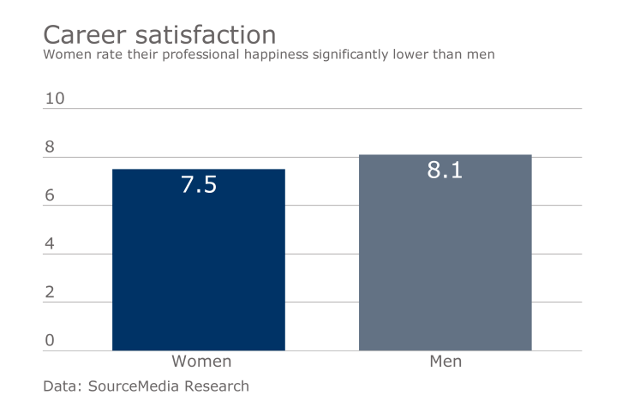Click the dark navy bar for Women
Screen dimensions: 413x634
[198, 266]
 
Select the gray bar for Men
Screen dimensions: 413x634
[445, 257]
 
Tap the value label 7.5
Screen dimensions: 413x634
[198, 184]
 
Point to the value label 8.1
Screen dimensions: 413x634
[445, 170]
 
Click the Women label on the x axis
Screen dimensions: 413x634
[201, 362]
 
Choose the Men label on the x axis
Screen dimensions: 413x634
[445, 362]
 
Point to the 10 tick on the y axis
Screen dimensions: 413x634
[55, 99]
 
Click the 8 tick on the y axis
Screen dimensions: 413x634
[50, 147]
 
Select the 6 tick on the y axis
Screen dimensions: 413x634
[50, 195]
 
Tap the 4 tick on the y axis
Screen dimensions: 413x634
[50, 244]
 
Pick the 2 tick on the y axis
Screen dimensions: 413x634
[50, 292]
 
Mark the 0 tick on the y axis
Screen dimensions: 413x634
[50, 341]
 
